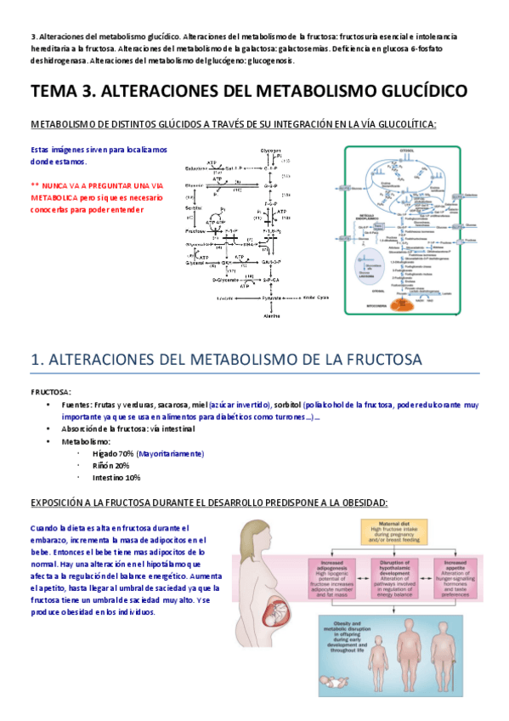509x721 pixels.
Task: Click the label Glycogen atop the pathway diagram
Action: [270, 150]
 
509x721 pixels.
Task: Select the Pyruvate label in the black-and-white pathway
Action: [271, 298]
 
